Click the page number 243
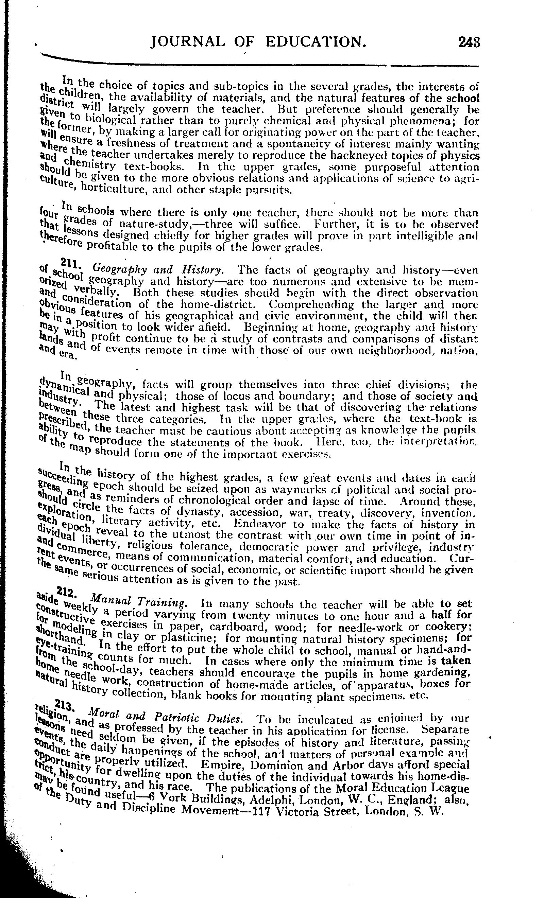469,42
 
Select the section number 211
67,262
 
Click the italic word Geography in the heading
120,269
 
